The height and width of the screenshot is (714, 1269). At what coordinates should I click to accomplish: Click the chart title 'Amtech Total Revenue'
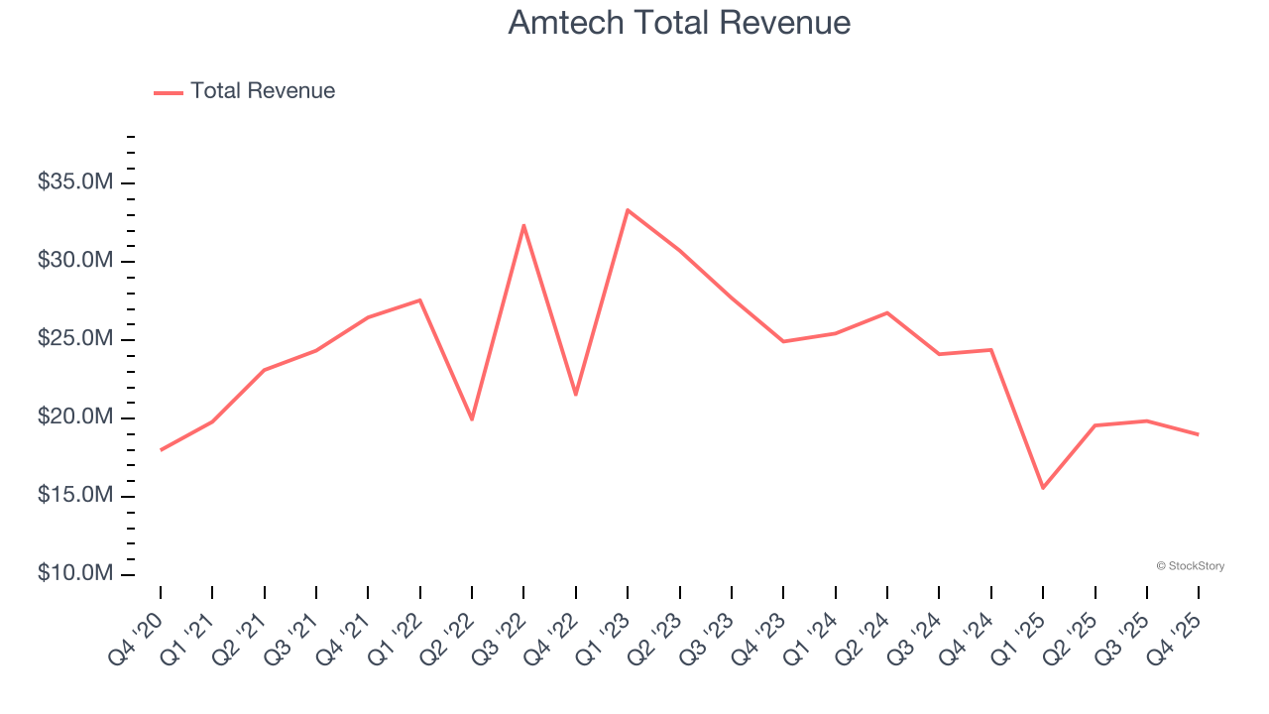coord(679,23)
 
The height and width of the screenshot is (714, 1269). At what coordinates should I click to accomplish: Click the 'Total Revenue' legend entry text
coord(263,91)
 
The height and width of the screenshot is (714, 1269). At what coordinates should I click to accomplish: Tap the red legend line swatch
coord(169,92)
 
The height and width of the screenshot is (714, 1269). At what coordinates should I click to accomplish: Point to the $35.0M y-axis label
coord(75,182)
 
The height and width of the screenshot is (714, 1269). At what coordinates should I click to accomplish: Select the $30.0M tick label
coord(75,261)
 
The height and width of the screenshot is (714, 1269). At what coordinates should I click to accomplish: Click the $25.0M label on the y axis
coord(75,339)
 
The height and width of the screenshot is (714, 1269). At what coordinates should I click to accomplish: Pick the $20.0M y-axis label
coord(75,417)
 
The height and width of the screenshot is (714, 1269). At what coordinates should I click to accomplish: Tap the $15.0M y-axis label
coord(75,496)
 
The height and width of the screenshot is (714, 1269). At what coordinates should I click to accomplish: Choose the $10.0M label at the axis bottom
coord(75,574)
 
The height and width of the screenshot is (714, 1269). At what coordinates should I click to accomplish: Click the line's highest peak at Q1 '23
coord(628,210)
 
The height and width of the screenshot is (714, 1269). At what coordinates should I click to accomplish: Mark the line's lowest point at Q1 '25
coord(1043,488)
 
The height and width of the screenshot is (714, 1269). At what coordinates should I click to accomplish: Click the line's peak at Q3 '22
coord(523,225)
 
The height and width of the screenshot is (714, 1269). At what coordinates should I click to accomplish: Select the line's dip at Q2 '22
coord(472,419)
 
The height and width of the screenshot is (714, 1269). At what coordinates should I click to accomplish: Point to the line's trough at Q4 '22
coord(576,395)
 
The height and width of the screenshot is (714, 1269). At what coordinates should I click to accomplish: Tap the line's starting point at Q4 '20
coord(161,449)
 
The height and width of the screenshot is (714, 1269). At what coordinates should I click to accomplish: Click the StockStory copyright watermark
coord(1190,566)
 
